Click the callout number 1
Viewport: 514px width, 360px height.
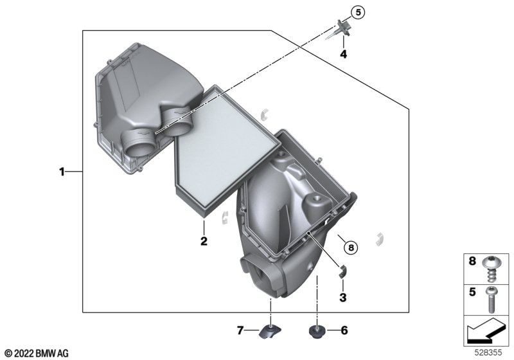(x=62, y=172)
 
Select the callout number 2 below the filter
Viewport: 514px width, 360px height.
(x=204, y=241)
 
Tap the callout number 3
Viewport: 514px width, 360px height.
(x=343, y=298)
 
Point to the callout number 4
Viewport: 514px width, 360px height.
(x=343, y=54)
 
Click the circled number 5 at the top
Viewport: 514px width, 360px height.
(x=358, y=12)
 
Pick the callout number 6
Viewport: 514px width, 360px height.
(x=344, y=330)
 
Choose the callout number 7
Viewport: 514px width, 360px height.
(x=240, y=330)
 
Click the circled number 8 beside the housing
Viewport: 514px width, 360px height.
(x=351, y=248)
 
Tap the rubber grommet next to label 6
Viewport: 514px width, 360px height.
(x=317, y=331)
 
